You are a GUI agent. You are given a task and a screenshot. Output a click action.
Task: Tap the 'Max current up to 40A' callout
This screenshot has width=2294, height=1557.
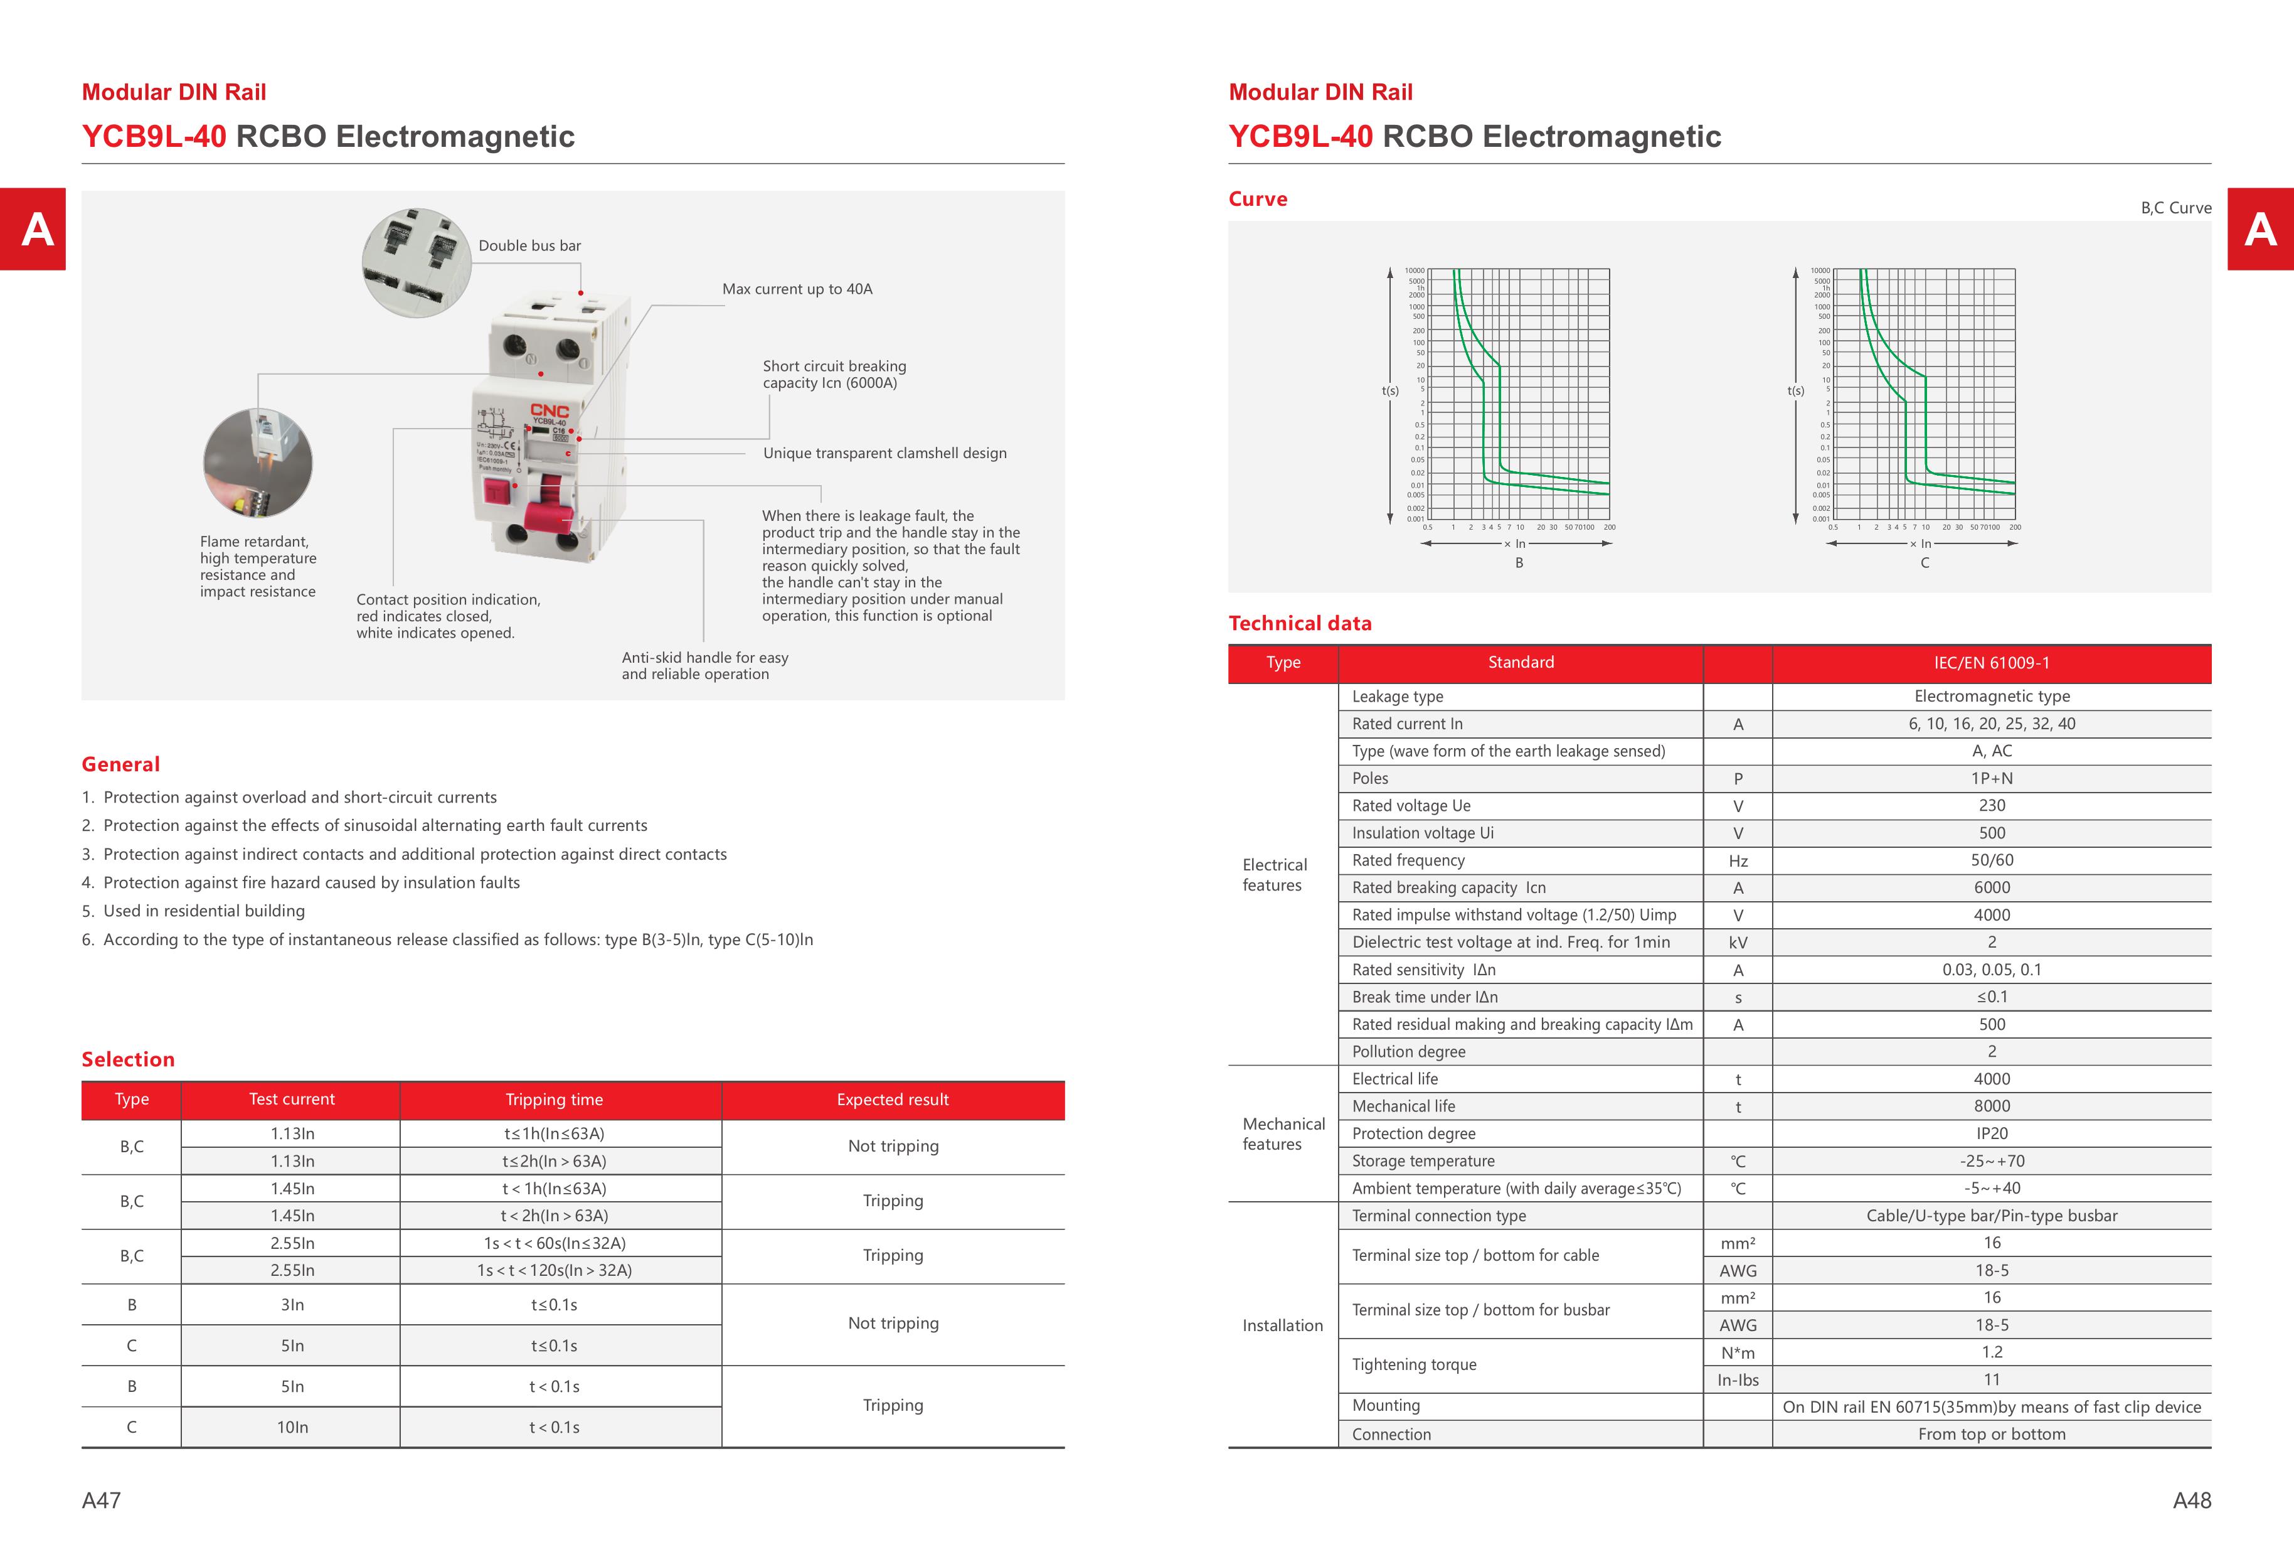point(797,289)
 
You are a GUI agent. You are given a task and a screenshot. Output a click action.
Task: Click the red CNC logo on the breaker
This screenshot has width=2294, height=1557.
point(549,410)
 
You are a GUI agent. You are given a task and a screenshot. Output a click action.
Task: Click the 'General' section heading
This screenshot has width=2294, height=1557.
point(120,764)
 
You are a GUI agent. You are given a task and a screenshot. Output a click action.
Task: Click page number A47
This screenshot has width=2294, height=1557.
point(102,1501)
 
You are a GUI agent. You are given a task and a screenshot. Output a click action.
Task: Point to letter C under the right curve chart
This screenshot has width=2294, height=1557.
point(1924,563)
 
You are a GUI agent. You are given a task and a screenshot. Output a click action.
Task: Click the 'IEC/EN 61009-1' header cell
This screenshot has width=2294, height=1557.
point(1991,663)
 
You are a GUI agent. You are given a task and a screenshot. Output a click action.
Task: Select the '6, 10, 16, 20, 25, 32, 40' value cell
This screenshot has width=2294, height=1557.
point(1991,724)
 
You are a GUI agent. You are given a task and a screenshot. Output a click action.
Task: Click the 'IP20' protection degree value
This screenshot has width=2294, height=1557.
point(1991,1133)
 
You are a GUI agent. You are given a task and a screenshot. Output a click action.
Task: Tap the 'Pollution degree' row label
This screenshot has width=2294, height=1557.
point(1408,1052)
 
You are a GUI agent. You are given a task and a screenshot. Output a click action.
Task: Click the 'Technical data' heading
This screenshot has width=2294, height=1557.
point(1300,623)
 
